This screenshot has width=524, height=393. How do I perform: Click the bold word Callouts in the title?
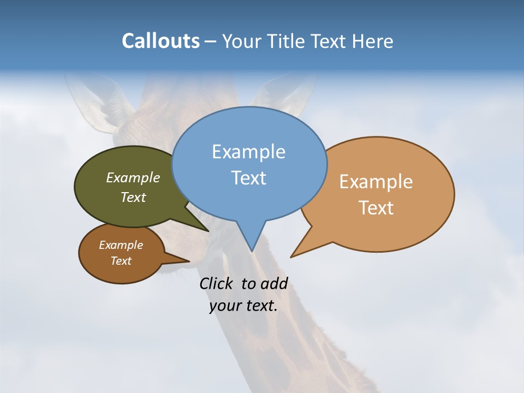pyautogui.click(x=160, y=41)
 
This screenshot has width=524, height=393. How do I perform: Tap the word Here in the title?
pyautogui.click(x=372, y=41)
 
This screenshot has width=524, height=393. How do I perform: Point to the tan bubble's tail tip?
pyautogui.click(x=291, y=257)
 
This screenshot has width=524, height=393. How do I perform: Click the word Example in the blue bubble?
pyautogui.click(x=248, y=152)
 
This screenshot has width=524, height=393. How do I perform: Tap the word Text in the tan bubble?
pyautogui.click(x=376, y=208)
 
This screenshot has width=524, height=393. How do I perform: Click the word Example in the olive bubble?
pyautogui.click(x=133, y=177)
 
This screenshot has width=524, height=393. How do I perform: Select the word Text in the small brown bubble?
pyautogui.click(x=121, y=261)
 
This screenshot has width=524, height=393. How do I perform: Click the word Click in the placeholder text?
pyautogui.click(x=217, y=283)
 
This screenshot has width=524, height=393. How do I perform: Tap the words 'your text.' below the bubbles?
pyautogui.click(x=243, y=306)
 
